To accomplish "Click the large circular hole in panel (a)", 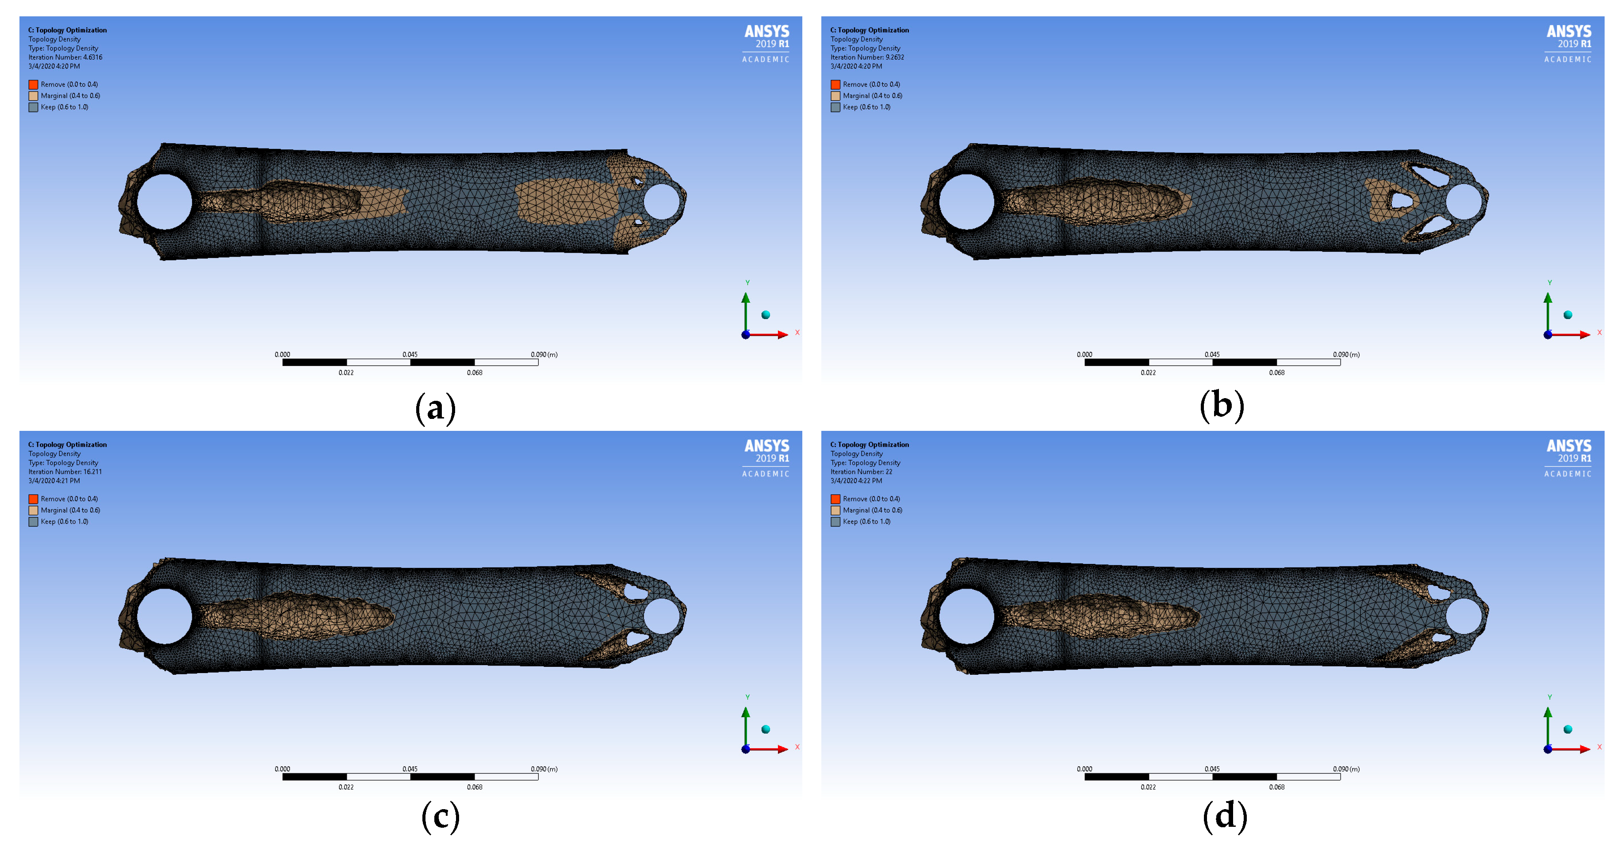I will (165, 202).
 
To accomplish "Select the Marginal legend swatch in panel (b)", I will (835, 96).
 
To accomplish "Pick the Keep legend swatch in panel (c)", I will (33, 522).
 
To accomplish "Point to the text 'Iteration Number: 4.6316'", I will (65, 57).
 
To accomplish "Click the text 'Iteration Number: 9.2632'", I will (867, 57).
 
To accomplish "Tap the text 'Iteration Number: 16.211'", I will (65, 472).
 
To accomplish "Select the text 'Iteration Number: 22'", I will (861, 472).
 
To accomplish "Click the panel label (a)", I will (435, 408).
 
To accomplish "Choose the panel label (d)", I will (1225, 817).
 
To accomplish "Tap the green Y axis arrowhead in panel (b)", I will (1548, 297).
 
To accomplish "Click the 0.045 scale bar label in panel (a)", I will (410, 354).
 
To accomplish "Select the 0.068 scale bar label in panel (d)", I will (1277, 787).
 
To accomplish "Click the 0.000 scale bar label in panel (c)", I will (283, 769).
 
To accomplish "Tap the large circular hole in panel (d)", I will (967, 616).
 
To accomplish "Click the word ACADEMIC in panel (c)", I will (766, 474).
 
